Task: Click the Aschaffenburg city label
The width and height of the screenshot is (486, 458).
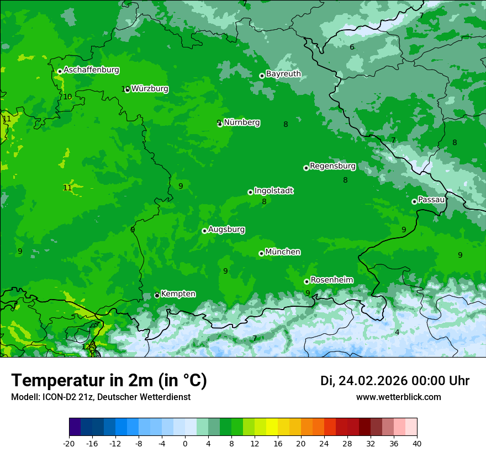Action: click(91, 70)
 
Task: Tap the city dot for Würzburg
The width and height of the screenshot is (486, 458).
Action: click(127, 89)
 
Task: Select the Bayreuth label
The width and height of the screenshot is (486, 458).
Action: click(283, 74)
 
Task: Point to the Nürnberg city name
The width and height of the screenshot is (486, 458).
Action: click(241, 123)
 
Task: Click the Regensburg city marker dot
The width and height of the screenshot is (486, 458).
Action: click(306, 168)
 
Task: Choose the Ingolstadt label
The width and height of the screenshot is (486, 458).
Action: click(273, 191)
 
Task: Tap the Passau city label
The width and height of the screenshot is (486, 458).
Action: click(431, 200)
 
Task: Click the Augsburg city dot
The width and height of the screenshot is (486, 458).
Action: click(204, 231)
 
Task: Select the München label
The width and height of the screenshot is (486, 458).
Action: click(283, 252)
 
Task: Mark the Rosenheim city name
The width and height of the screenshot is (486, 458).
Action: click(331, 280)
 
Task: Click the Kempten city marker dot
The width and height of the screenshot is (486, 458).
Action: click(157, 295)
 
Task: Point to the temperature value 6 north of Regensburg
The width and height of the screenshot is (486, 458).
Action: click(352, 47)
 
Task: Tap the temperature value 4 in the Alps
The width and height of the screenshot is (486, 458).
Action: click(397, 332)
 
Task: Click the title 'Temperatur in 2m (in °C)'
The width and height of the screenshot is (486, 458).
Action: click(109, 381)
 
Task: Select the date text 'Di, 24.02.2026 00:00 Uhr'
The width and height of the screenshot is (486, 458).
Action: click(394, 381)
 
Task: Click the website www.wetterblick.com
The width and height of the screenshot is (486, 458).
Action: click(398, 397)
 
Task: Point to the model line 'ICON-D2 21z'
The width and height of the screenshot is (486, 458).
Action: click(101, 397)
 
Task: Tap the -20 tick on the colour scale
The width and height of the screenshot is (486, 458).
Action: click(69, 443)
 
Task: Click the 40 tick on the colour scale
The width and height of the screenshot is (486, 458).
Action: click(417, 443)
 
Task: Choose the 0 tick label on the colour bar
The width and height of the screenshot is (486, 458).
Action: click(185, 443)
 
